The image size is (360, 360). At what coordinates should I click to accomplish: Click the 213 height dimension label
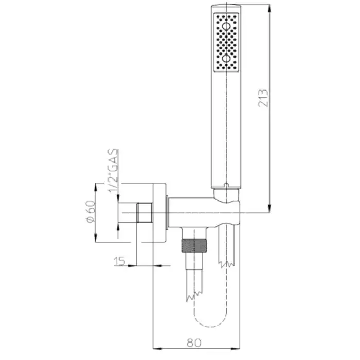[263, 98]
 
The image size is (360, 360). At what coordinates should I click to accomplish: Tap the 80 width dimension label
[194, 343]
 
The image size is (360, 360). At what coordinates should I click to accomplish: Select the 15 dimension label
[119, 261]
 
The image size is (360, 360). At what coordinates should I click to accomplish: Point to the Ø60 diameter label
[91, 211]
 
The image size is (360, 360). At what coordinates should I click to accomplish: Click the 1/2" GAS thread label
[113, 171]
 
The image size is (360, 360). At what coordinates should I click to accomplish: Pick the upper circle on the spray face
[226, 26]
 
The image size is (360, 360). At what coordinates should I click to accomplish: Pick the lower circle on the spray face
[226, 58]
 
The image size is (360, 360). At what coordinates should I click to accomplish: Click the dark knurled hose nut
[194, 246]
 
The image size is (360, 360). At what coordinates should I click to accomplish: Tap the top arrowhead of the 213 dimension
[269, 9]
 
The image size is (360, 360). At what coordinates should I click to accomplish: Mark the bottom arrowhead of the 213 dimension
[269, 208]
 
